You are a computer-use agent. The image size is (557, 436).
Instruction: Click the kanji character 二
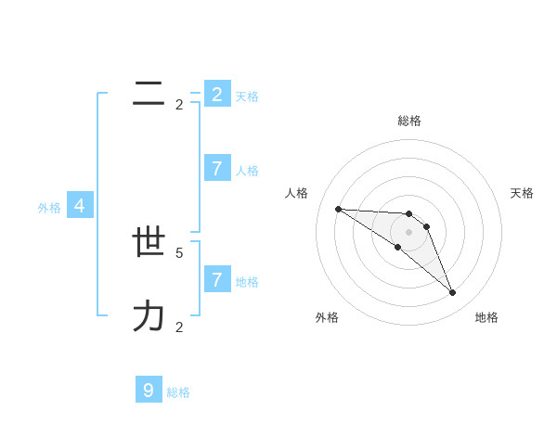[149, 93]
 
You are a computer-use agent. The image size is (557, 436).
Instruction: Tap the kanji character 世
[149, 242]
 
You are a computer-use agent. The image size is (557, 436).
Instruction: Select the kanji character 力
[149, 316]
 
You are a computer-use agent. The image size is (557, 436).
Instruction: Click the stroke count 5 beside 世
[179, 252]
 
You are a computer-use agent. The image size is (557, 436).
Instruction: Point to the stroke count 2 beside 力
[179, 327]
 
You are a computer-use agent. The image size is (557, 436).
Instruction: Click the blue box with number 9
[149, 391]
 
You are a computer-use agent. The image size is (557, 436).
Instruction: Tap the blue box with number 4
[80, 206]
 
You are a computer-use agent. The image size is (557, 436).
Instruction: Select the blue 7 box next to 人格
[217, 168]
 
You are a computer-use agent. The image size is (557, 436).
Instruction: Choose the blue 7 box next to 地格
[217, 279]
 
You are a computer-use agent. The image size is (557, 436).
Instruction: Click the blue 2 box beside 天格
[217, 94]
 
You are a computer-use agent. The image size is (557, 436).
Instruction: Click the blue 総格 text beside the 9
[178, 392]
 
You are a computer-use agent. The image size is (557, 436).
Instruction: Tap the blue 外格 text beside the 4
[49, 208]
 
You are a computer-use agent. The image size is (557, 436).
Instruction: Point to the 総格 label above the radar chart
[409, 121]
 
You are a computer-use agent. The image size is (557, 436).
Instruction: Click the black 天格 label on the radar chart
[522, 193]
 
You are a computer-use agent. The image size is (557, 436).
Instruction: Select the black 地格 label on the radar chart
[486, 317]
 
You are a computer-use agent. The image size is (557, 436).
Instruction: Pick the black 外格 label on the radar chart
[327, 317]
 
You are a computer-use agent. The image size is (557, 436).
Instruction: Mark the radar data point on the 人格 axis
[338, 209]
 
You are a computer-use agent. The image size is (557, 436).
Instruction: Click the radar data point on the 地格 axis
[452, 293]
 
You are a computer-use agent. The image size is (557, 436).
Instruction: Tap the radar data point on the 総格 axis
[409, 214]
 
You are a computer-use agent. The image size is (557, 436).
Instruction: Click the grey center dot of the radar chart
[409, 232]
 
